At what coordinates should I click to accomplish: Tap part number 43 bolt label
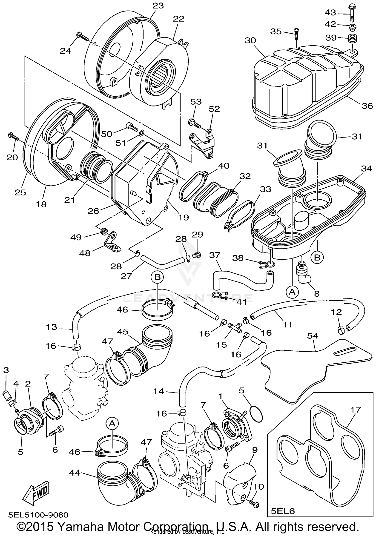pyautogui.click(x=331, y=12)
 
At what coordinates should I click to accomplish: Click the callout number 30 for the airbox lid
pyautogui.click(x=250, y=41)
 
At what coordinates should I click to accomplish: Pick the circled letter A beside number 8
pyautogui.click(x=292, y=291)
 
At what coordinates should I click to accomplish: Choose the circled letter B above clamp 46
pyautogui.click(x=157, y=277)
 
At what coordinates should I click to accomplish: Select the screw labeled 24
pyautogui.click(x=83, y=37)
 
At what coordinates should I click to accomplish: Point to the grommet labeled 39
pyautogui.click(x=352, y=40)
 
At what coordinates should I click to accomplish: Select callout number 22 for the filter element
pyautogui.click(x=178, y=19)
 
